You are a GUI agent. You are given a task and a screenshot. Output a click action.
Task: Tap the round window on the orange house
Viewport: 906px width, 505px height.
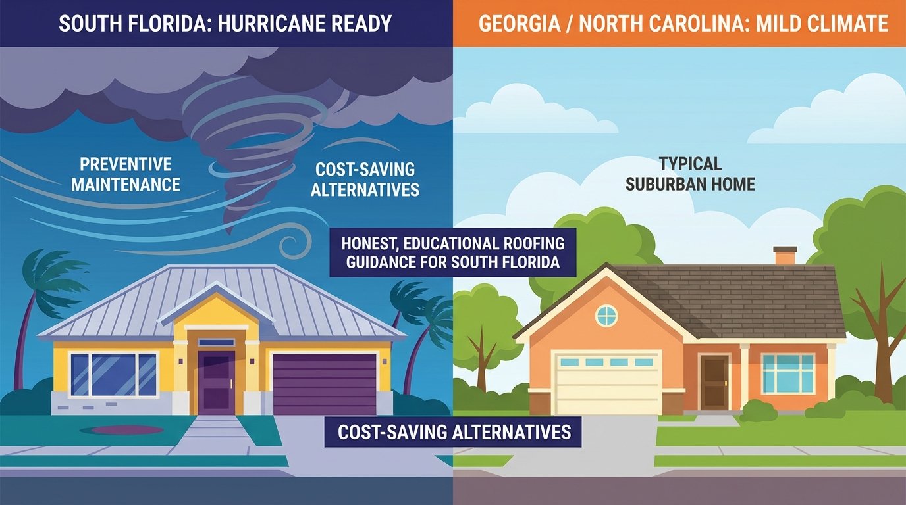pos(606,316)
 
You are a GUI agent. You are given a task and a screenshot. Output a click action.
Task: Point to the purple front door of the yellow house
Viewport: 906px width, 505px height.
pos(217,382)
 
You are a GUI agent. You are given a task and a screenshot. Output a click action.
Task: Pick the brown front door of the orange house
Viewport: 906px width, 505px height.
pos(714,381)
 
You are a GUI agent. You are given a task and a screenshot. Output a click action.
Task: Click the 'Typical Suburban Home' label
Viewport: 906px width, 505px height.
pos(690,174)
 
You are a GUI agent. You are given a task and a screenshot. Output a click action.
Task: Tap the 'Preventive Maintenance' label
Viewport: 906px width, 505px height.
pos(125,174)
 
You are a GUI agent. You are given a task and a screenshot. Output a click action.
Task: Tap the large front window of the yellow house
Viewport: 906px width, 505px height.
pos(113,375)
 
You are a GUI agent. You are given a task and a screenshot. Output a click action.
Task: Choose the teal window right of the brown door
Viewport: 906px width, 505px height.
pos(787,373)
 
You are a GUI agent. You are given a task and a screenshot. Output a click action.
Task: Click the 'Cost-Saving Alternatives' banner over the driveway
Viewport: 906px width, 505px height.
pos(454,432)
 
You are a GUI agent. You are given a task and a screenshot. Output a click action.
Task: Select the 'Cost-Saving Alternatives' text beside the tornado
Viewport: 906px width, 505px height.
pos(365,180)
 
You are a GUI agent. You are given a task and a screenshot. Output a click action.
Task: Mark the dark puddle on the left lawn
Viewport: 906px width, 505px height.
pos(126,430)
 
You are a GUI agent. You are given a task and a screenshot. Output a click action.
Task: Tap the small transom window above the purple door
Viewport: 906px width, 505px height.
pos(216,342)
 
